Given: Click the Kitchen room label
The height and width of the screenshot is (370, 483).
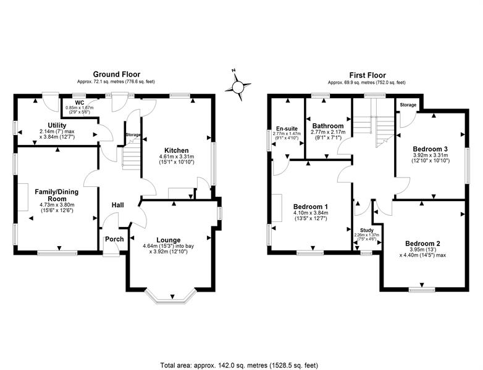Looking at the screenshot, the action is click(177, 150).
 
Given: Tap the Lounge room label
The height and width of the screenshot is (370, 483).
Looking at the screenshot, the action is click(169, 240).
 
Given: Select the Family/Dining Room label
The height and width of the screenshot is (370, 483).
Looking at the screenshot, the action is click(57, 195).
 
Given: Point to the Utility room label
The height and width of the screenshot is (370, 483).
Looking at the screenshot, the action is click(57, 125).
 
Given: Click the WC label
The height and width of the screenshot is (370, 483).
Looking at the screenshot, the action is click(80, 102).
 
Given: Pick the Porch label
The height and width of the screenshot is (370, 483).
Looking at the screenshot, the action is click(115, 239).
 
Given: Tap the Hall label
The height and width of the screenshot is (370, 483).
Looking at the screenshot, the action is click(118, 205).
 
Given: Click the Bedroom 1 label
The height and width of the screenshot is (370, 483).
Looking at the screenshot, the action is click(311, 207).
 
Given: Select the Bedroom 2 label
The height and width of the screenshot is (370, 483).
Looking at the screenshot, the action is click(422, 244).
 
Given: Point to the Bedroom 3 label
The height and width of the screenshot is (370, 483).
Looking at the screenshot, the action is click(430, 149).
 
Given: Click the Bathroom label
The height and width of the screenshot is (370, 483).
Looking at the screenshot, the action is click(328, 126).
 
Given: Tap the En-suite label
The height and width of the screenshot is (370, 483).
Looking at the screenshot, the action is click(287, 128).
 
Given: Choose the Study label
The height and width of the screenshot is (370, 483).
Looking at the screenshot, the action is click(366, 230).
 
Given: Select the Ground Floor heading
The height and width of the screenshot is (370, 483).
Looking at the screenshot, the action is click(117, 75).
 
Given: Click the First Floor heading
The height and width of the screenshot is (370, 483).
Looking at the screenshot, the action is click(367, 75).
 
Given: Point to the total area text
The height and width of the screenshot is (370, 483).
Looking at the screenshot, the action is click(239, 366).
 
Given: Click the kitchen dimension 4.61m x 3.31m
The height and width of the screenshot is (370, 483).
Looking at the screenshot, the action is click(177, 157).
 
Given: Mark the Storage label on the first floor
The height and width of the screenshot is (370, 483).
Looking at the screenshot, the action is click(408, 105).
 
